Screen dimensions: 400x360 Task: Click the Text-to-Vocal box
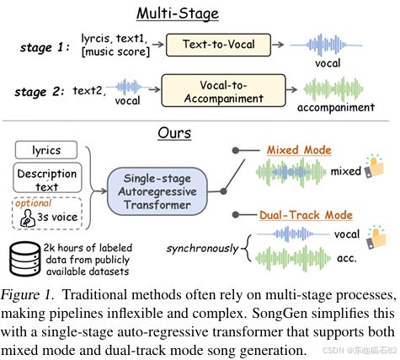click(x=218, y=45)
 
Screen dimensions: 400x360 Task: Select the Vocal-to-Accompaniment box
click(x=223, y=90)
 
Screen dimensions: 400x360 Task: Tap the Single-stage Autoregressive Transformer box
click(x=157, y=191)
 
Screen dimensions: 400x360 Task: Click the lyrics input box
click(x=46, y=150)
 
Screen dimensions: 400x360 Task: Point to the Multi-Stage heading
click(x=178, y=13)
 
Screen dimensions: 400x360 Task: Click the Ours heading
click(x=174, y=133)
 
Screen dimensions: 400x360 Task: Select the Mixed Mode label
click(x=299, y=150)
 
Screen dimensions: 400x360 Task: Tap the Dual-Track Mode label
click(x=306, y=215)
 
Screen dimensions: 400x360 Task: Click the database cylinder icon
click(x=24, y=259)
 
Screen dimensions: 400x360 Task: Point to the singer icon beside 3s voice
click(x=28, y=218)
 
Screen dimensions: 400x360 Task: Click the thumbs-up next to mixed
click(x=374, y=166)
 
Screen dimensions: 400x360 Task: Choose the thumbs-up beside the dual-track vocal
click(x=376, y=238)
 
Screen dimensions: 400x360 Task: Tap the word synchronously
click(x=202, y=249)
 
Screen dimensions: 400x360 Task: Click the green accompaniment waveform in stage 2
click(x=333, y=89)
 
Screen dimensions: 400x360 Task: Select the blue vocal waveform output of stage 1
click(x=326, y=45)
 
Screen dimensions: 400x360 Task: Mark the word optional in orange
click(x=34, y=203)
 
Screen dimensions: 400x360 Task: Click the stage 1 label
click(x=45, y=47)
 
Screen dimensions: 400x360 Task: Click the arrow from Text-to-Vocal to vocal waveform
click(x=278, y=45)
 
